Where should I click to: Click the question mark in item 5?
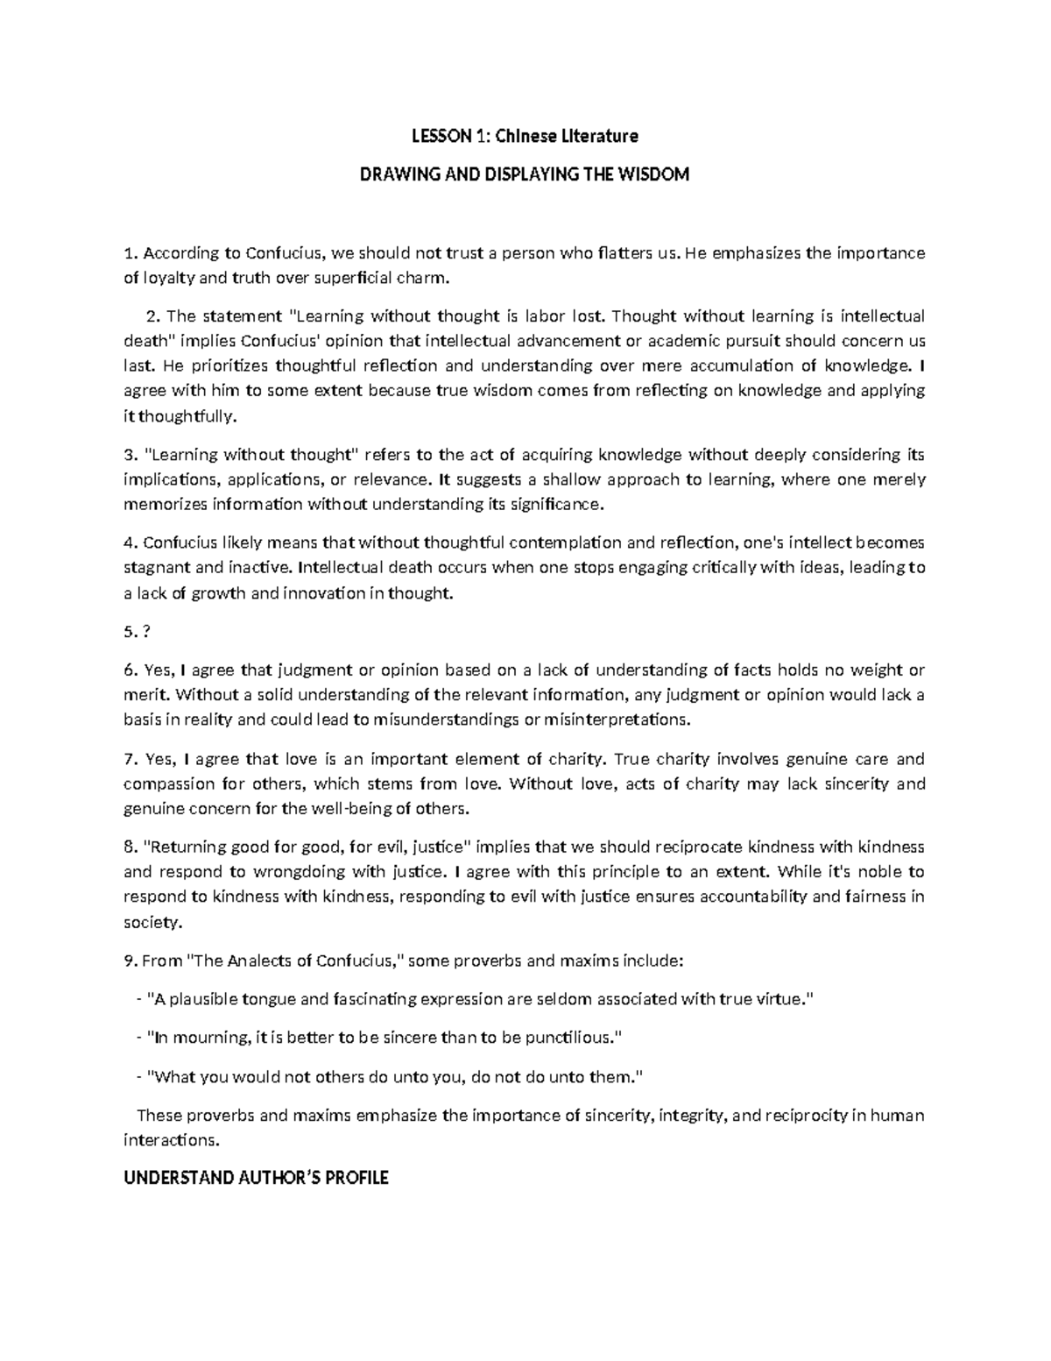(145, 632)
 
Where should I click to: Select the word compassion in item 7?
(166, 783)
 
